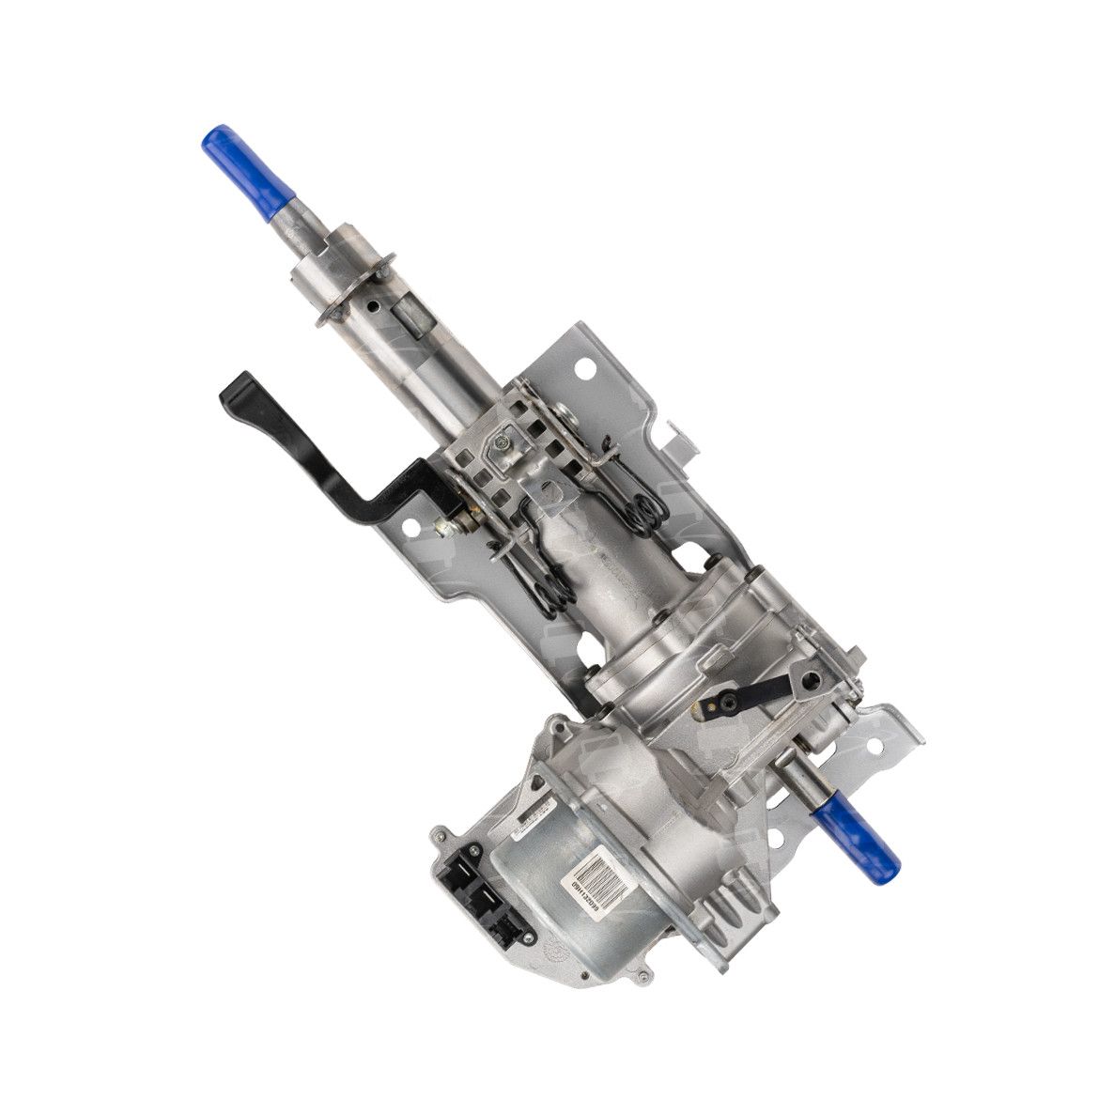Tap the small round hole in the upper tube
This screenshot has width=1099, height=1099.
point(374,306)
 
